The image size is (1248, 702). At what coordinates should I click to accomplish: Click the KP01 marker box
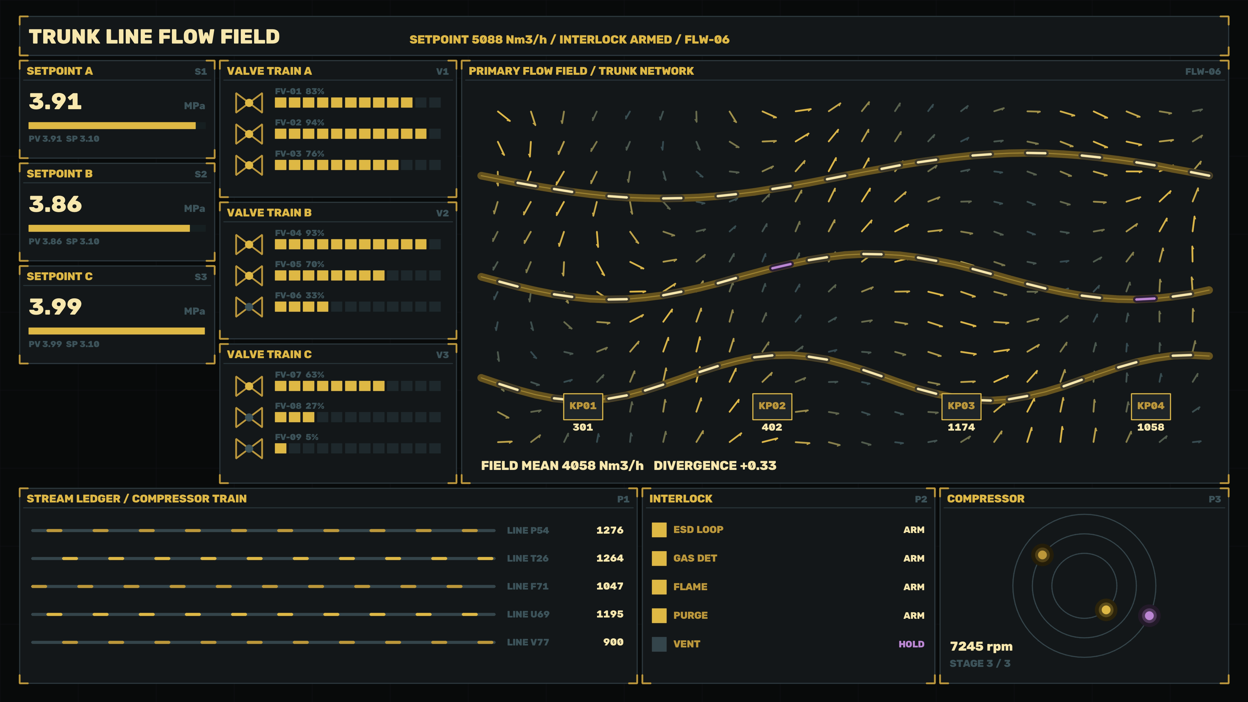click(583, 406)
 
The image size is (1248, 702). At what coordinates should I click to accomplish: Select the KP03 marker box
click(961, 406)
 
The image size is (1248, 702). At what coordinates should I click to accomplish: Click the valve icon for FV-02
click(249, 134)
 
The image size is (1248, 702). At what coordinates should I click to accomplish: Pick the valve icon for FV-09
click(249, 448)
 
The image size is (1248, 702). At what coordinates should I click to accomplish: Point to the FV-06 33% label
click(299, 295)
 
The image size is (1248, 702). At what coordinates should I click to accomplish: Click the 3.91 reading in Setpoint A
click(55, 102)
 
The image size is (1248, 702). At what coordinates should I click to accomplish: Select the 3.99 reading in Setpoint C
click(55, 307)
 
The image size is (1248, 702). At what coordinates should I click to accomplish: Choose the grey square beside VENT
click(659, 644)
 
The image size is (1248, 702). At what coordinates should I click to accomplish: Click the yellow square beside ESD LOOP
click(659, 529)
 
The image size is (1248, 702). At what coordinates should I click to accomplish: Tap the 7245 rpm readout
click(981, 646)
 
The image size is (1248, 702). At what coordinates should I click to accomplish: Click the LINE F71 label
click(527, 586)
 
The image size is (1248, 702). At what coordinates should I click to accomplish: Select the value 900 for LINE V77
click(613, 642)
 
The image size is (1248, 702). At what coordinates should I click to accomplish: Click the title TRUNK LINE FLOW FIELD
click(154, 37)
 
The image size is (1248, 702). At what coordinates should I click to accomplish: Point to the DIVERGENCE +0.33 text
click(715, 466)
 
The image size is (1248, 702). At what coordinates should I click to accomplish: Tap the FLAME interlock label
click(690, 587)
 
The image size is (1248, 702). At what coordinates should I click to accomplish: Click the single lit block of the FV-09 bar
click(280, 448)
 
